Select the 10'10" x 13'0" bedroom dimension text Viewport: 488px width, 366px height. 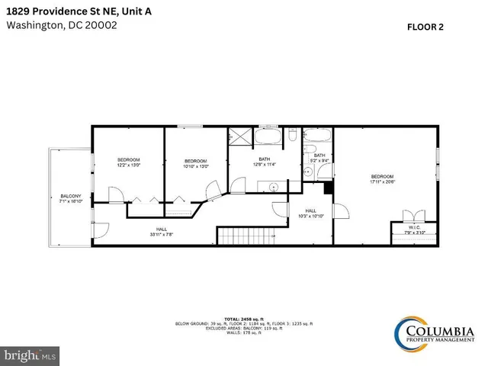point(196,165)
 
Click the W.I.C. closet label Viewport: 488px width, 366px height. point(412,227)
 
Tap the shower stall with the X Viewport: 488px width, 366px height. point(239,137)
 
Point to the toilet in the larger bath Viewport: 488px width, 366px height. point(291,137)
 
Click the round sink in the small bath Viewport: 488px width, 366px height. point(308,172)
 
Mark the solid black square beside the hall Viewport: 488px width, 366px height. point(329,187)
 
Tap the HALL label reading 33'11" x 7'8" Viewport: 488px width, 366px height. point(162,231)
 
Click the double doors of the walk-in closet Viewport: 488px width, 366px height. point(413,215)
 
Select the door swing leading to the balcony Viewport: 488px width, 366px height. point(101,228)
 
